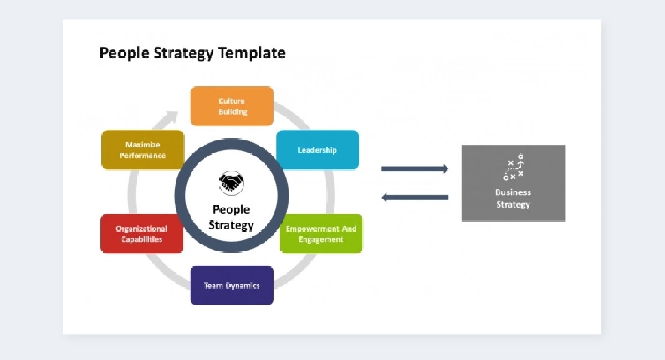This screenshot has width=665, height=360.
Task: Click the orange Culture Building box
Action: point(232,106)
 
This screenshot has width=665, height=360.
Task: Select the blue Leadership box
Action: point(317,150)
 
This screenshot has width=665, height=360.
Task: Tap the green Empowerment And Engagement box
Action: point(321,234)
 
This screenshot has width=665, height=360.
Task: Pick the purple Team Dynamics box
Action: point(232,285)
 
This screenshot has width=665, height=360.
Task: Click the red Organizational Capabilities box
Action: point(142,234)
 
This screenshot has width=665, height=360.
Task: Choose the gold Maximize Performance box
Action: point(142,150)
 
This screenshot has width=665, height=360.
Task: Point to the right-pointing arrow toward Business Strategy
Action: point(415,169)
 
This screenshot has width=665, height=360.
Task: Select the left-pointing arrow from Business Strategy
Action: point(415,197)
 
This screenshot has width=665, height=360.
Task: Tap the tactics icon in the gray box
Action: point(513,168)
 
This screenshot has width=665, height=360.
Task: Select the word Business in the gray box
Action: point(513,193)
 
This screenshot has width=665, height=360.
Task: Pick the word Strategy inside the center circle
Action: point(231,225)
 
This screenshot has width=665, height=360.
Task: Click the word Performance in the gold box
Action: point(142,156)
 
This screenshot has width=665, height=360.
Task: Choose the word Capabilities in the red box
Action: point(142,240)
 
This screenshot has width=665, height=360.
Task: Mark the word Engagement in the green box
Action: point(321,240)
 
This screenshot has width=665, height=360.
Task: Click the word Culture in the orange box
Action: point(232,101)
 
